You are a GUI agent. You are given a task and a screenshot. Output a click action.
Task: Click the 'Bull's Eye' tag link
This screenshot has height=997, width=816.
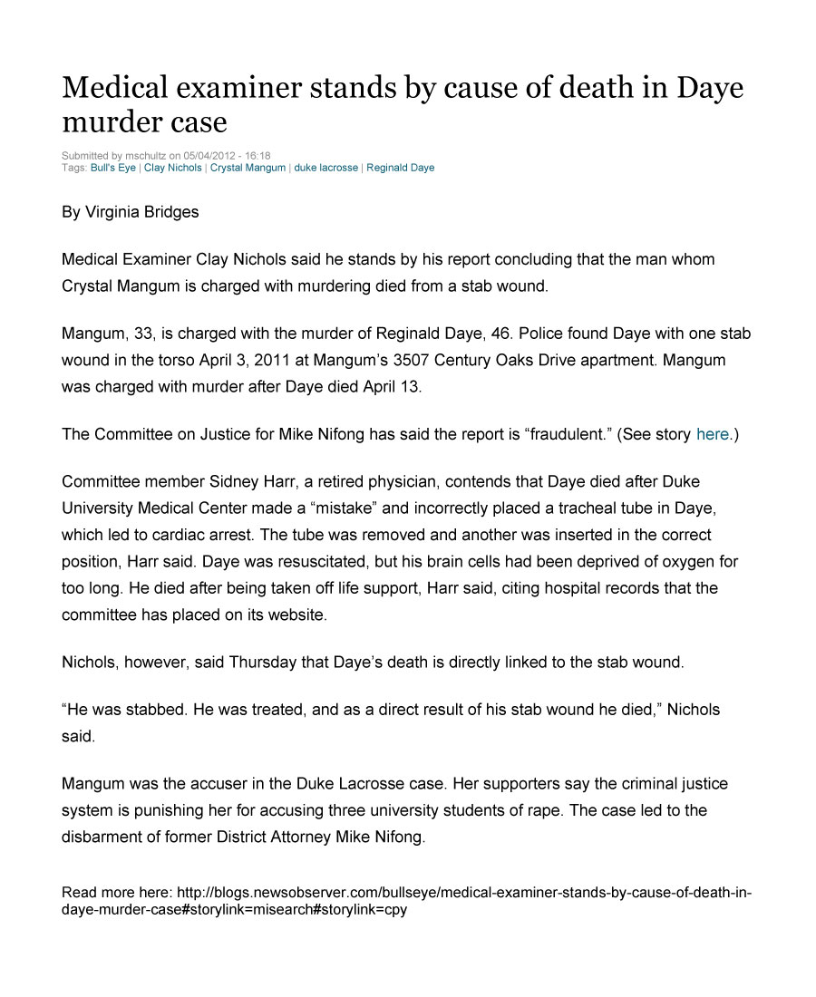[113, 168]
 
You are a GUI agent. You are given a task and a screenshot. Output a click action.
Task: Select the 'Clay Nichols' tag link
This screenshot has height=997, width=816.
[173, 168]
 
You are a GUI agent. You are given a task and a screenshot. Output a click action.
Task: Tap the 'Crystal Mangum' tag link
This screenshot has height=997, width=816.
[248, 168]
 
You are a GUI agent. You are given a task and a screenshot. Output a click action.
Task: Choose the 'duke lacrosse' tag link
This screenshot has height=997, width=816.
[325, 168]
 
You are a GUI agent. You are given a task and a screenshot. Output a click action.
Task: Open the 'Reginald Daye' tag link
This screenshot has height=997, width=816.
[400, 168]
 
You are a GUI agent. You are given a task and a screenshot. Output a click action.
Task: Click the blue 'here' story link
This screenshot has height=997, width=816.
[712, 434]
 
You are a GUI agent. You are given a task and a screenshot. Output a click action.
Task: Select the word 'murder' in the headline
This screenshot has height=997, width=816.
[107, 121]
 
